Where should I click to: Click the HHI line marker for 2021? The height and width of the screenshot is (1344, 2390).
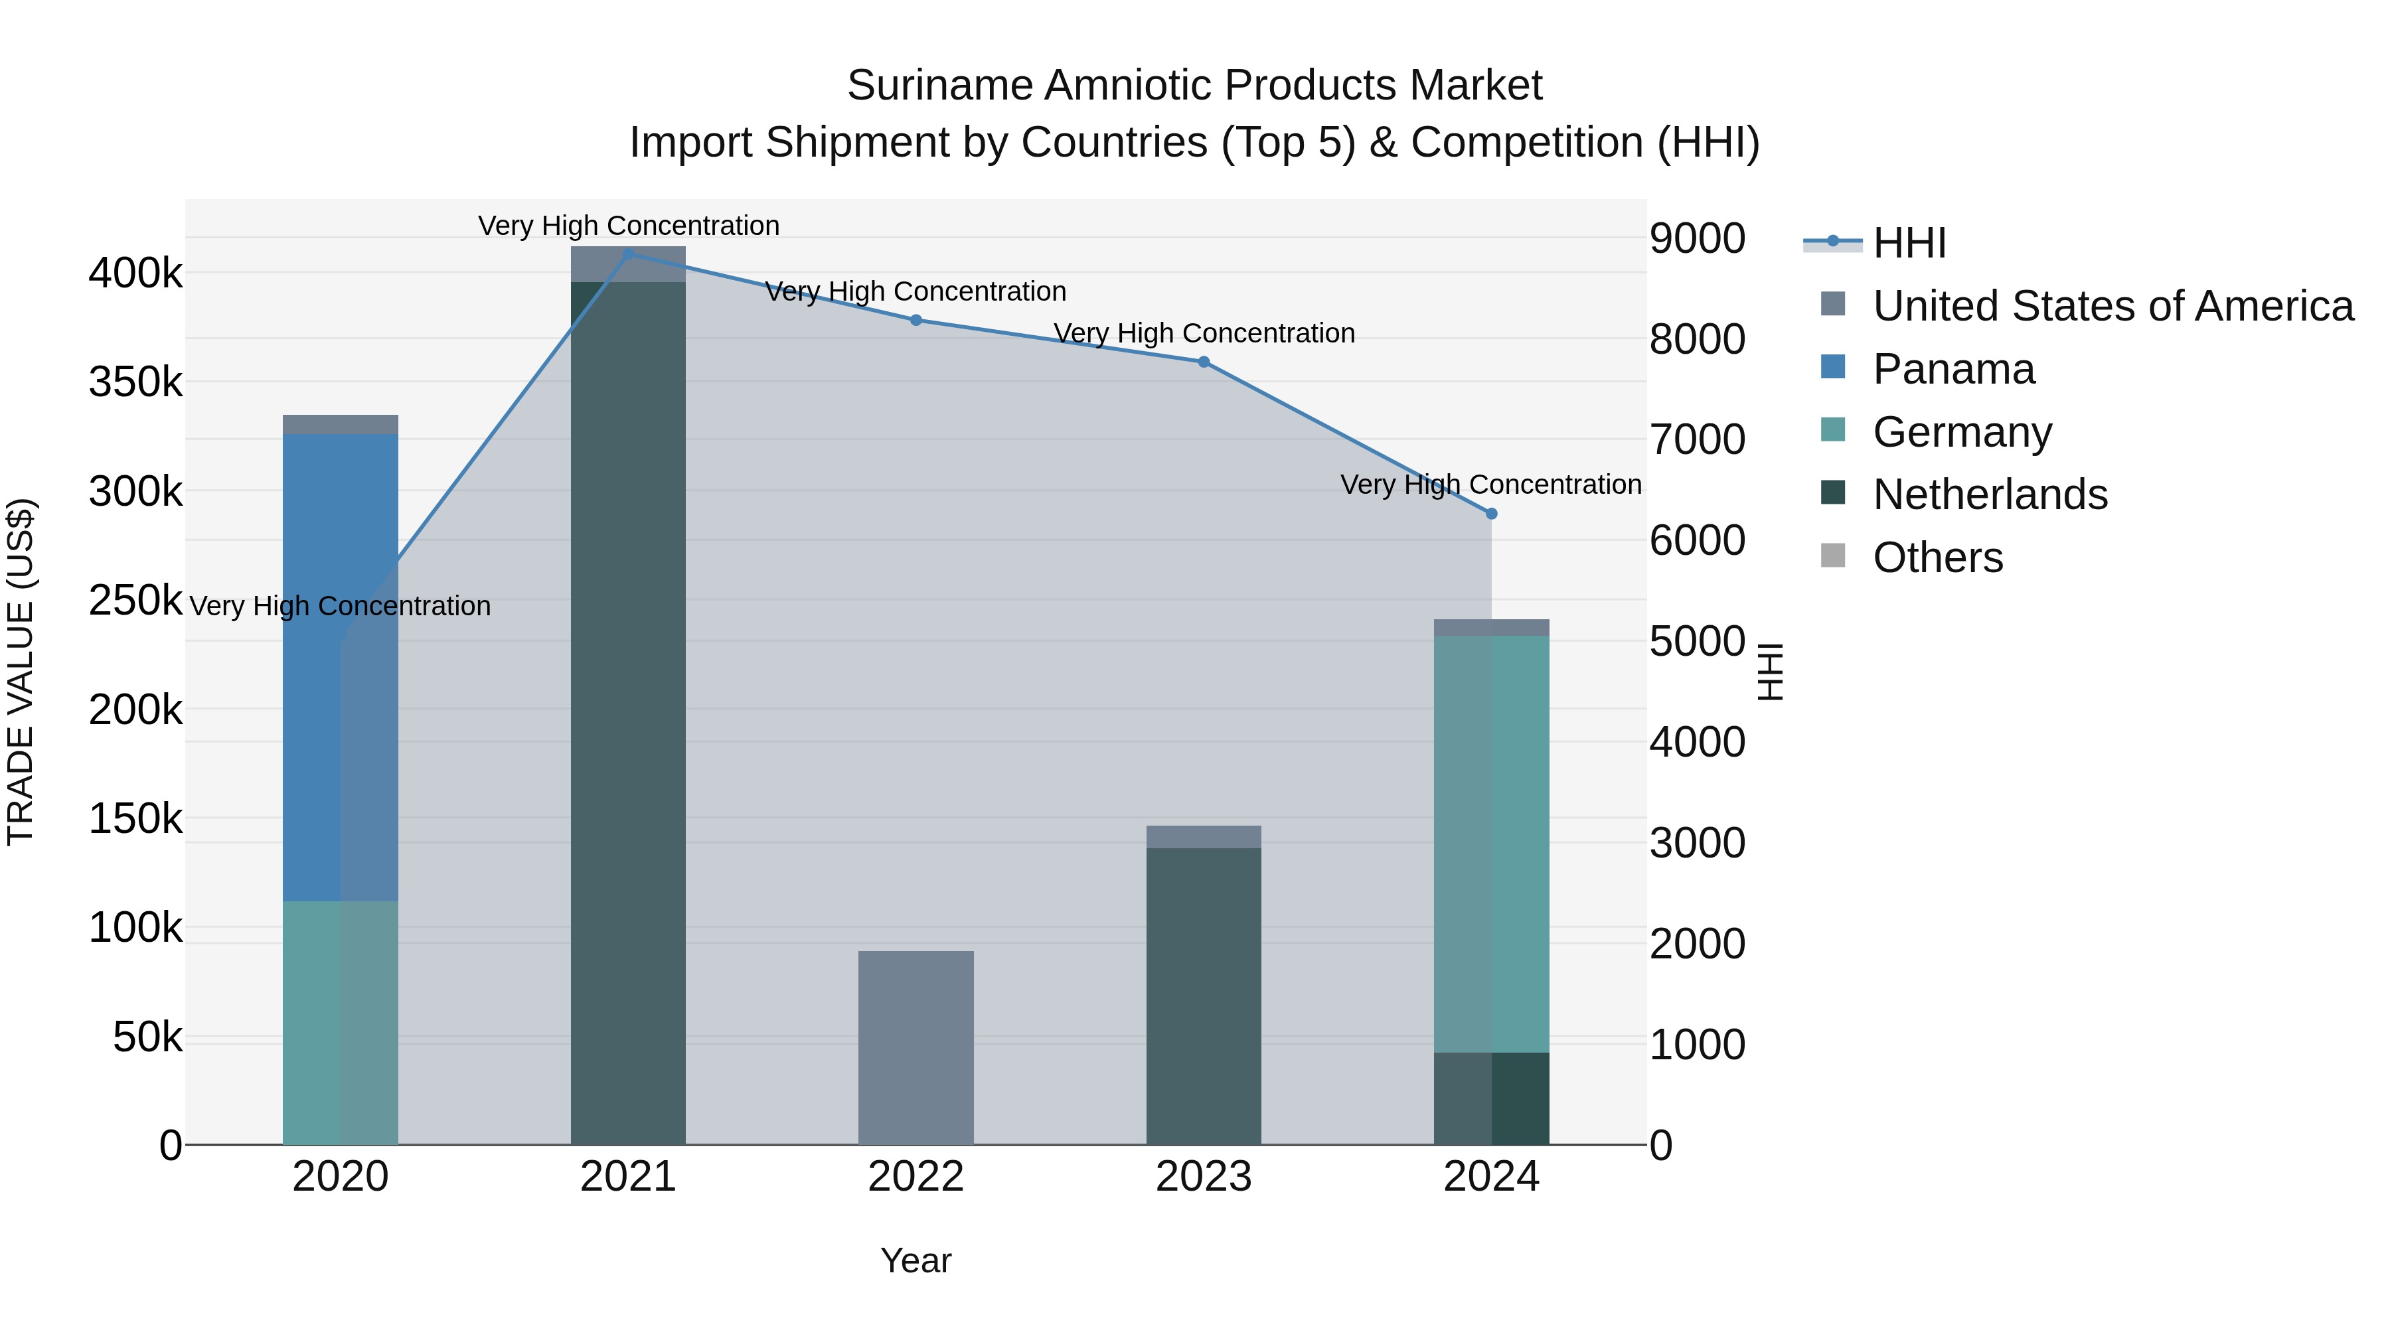coord(628,254)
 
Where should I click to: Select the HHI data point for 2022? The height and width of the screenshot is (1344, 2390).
coord(916,320)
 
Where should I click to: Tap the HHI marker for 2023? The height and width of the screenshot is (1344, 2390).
coord(1204,362)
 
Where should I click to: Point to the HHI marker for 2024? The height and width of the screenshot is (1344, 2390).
coord(1491,513)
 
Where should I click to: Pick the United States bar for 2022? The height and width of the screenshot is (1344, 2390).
coord(916,1047)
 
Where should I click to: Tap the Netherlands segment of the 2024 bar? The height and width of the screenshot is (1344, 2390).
coord(1491,1098)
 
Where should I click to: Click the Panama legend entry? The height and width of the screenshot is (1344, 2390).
coord(1953,369)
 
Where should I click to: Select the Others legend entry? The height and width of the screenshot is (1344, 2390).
coord(1937,558)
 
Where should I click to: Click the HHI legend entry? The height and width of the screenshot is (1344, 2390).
coord(1909,243)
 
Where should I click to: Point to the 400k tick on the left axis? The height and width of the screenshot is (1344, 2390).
coord(135,273)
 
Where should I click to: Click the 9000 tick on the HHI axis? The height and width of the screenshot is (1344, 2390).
coord(1697,238)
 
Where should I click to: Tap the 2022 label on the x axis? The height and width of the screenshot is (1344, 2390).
coord(916,1177)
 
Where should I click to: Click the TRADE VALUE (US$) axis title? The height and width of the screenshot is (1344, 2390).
coord(21,672)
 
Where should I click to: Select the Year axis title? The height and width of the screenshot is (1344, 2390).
coord(916,1260)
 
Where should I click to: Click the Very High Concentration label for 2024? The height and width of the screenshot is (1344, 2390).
coord(1491,485)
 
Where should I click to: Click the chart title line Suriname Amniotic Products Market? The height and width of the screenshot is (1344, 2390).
coord(1194,86)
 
